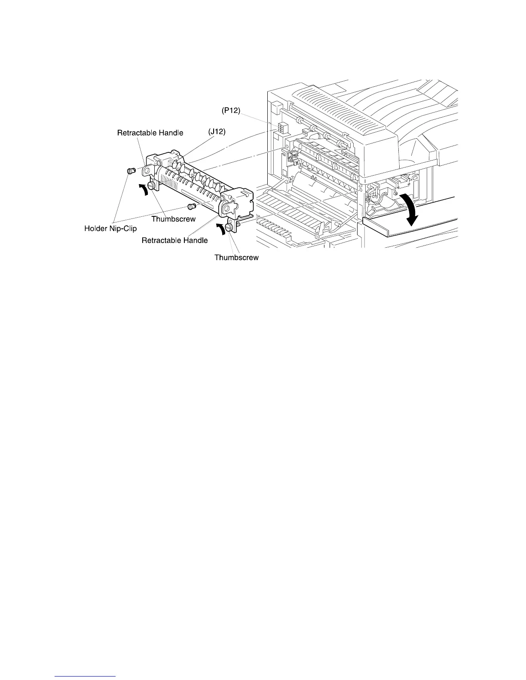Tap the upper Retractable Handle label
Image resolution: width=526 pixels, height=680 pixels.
150,133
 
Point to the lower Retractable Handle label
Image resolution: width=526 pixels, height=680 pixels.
174,240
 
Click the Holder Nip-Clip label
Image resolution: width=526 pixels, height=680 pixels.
110,229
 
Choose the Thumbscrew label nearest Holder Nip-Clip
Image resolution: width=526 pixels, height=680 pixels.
173,219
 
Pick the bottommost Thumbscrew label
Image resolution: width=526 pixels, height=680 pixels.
236,258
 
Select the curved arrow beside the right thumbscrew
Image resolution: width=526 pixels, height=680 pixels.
221,229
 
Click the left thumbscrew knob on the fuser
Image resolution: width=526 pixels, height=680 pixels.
151,185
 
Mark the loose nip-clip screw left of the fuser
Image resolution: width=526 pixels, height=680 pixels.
131,171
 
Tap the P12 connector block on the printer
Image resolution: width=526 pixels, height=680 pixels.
282,127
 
